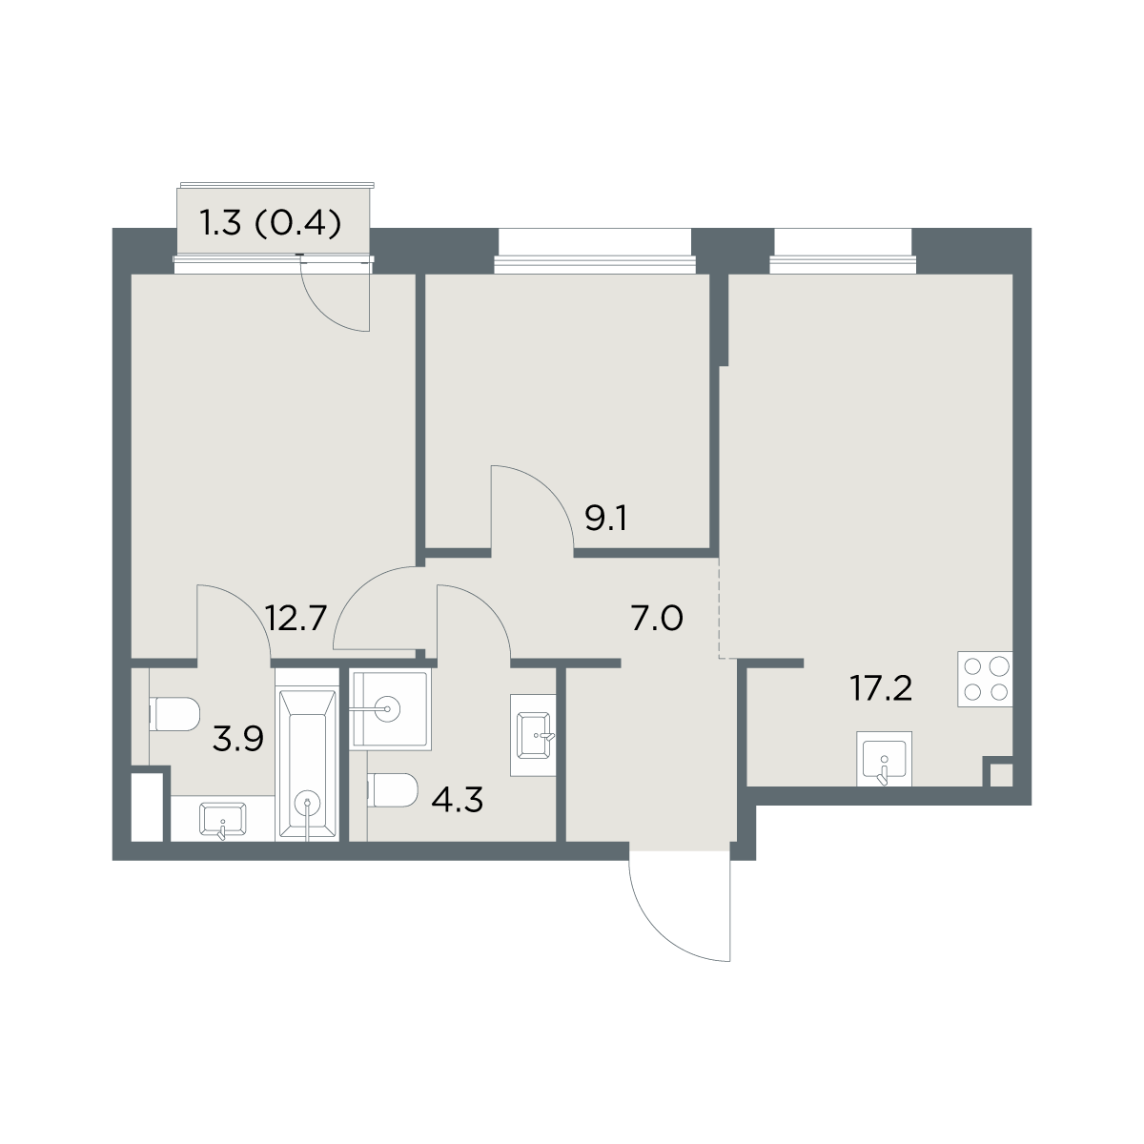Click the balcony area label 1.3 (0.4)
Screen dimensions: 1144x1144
pos(272,224)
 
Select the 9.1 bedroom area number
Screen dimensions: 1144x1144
pos(605,520)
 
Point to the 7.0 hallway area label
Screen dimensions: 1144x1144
pos(657,619)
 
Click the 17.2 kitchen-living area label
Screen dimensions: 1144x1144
pos(881,688)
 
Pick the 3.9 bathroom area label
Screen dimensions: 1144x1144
pos(238,740)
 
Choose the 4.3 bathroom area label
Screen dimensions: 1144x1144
pos(458,800)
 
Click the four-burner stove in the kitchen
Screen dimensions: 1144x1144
pos(985,679)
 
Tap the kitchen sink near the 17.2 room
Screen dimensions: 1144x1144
pos(884,759)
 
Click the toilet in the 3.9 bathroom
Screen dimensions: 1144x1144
pos(174,714)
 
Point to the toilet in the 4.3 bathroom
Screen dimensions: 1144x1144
pos(393,789)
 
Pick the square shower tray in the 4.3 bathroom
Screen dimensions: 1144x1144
pos(390,708)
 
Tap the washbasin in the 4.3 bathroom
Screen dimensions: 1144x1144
pos(534,735)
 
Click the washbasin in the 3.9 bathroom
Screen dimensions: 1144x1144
pos(223,820)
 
